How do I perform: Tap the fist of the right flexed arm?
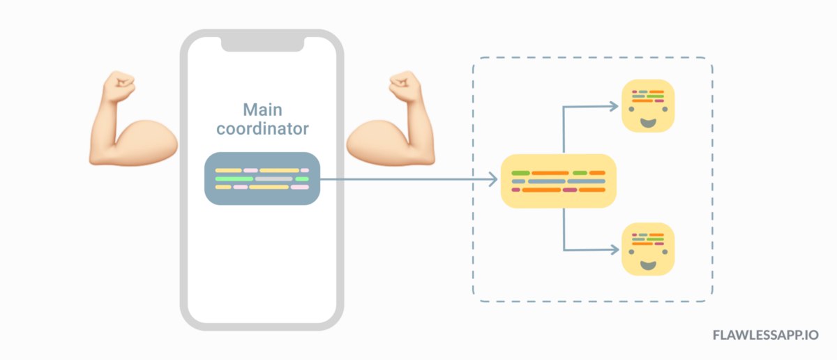tap(404, 87)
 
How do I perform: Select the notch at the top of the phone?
tap(262, 44)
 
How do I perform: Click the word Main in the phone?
tap(262, 110)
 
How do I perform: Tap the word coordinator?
tap(262, 129)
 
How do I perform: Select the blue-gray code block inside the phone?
tap(262, 179)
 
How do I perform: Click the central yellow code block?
tap(559, 181)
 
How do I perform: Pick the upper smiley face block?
tap(648, 105)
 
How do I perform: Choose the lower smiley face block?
tap(648, 249)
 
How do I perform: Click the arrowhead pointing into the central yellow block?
tap(492, 180)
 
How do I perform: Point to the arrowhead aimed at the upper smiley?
tap(613, 106)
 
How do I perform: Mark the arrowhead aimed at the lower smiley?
tap(613, 250)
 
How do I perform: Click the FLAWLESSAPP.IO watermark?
tap(766, 336)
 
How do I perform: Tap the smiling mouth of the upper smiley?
tap(648, 121)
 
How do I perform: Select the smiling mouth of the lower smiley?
tap(648, 265)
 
